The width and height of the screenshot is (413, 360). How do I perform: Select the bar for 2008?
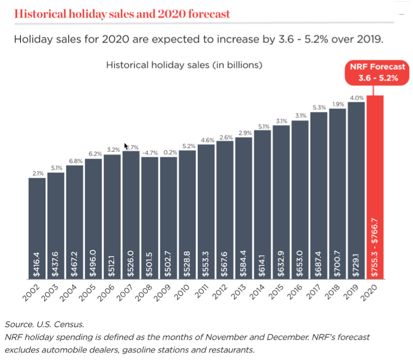pos(149,215)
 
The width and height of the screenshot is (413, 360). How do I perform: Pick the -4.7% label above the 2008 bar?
pos(149,153)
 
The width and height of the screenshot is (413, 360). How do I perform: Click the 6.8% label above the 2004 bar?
pos(75,161)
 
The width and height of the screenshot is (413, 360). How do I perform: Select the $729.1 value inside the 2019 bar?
pos(356,263)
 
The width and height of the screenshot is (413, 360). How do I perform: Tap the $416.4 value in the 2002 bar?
pos(37,263)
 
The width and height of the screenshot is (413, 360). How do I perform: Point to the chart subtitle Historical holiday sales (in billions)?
pos(184,66)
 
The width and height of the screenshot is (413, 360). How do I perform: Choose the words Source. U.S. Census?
pos(45,324)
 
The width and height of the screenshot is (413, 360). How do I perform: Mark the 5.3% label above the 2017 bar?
pos(319,108)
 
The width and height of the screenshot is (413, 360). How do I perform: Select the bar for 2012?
pos(225,210)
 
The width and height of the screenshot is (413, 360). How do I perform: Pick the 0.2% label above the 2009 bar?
pos(168,153)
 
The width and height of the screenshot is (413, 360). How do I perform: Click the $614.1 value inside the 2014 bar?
pos(262,263)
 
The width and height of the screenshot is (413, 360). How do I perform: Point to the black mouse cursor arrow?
pos(126,146)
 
